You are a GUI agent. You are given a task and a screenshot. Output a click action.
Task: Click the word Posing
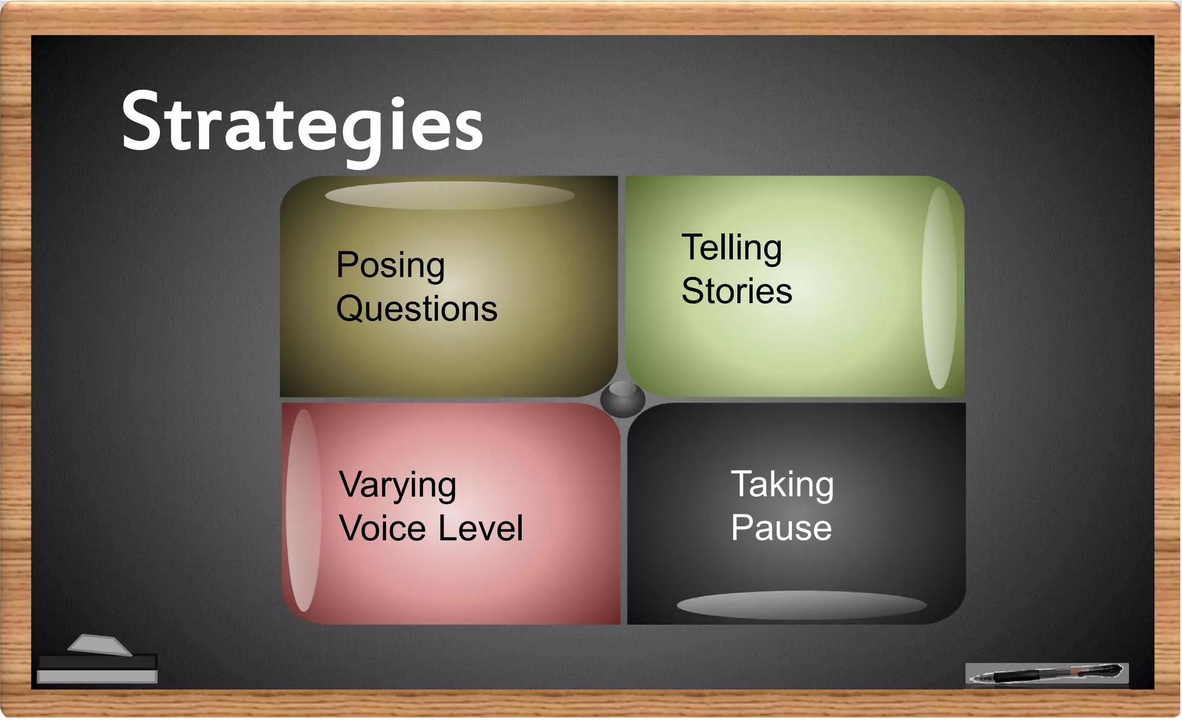pos(391,266)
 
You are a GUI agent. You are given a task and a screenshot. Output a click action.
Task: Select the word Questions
pos(416,309)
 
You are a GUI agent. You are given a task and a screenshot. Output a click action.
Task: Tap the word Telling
pos(732,248)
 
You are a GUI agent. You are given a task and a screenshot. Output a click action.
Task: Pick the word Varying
pos(398,485)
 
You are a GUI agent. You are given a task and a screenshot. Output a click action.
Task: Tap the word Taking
pos(782,485)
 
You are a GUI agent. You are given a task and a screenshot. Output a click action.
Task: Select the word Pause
pos(781,528)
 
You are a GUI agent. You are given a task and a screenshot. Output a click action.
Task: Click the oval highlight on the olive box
pos(450,195)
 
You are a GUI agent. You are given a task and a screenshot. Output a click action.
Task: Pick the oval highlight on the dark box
pos(801,605)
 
